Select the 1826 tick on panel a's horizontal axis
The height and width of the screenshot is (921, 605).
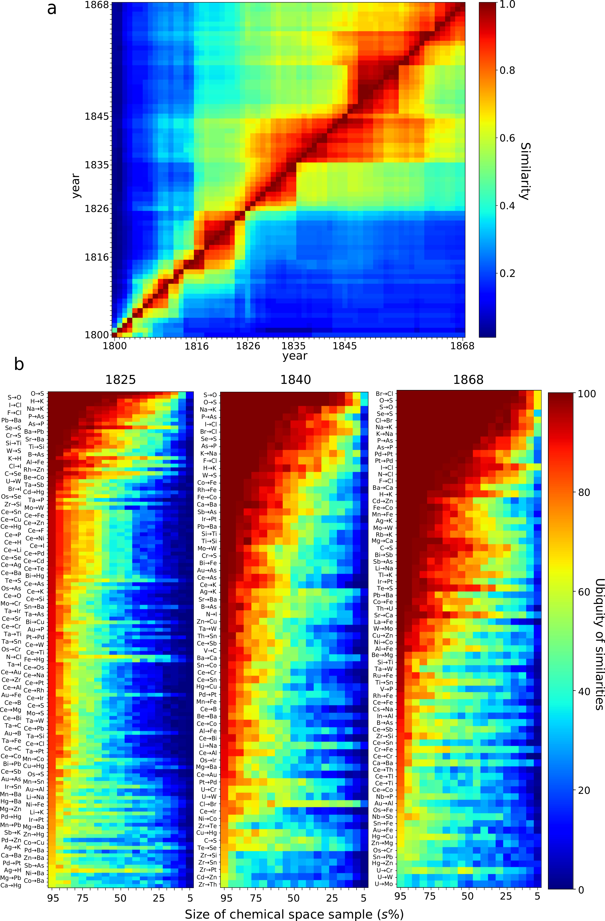(x=248, y=346)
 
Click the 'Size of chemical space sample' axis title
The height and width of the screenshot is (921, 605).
(x=294, y=914)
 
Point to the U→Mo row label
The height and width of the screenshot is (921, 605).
(x=384, y=884)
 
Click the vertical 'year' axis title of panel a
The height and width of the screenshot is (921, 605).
(x=76, y=186)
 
